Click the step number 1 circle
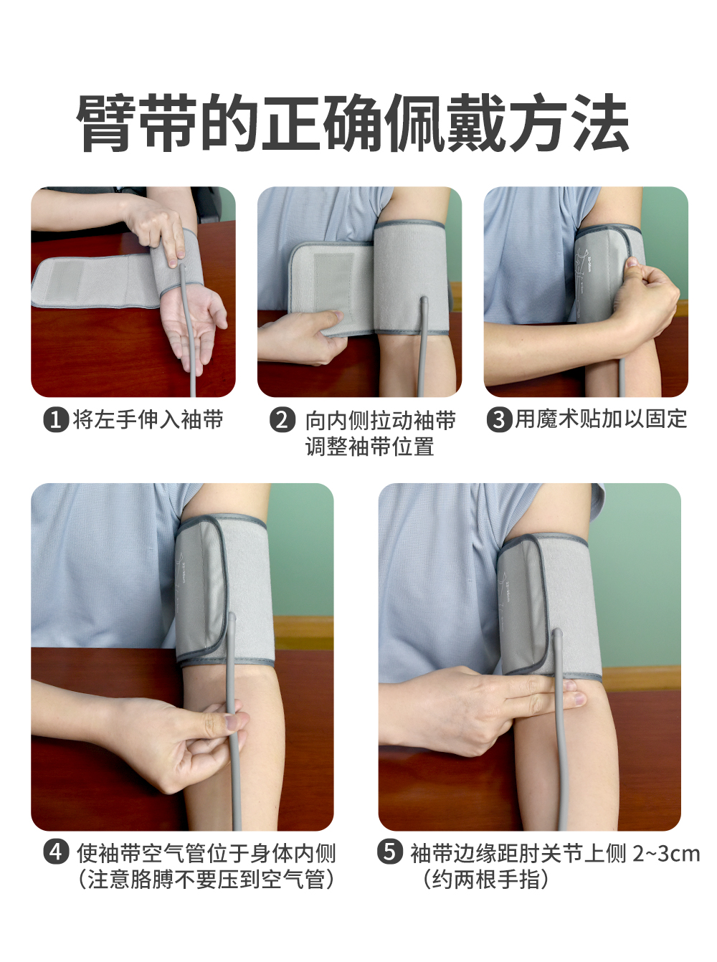[56, 419]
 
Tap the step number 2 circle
[282, 419]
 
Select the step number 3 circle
[499, 419]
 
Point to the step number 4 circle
[56, 852]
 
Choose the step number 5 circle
[390, 852]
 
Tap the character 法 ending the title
[599, 123]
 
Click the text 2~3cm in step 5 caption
[666, 853]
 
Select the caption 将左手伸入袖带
[148, 419]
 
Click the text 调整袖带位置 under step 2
[370, 446]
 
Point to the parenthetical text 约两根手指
[485, 879]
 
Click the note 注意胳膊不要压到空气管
[206, 879]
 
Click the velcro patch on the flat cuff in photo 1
[65, 282]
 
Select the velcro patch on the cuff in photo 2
[333, 284]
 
